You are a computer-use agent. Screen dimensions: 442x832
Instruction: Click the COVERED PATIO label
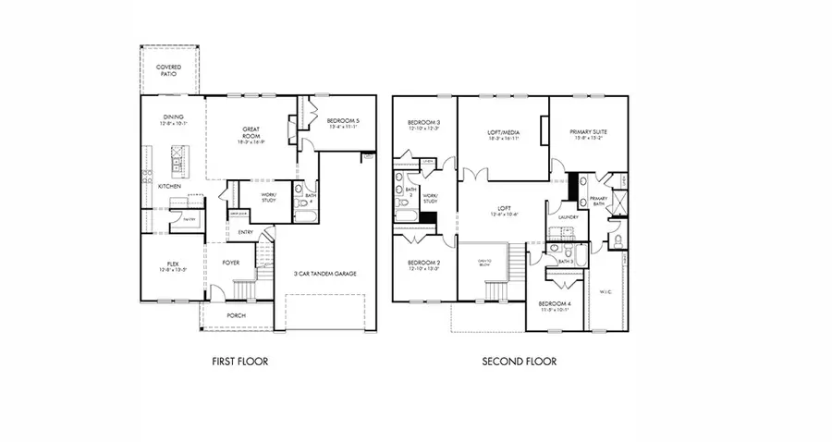coord(168,70)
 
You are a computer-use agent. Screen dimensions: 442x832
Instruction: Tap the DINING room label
coord(174,117)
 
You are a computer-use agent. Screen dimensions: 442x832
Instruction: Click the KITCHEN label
coord(169,187)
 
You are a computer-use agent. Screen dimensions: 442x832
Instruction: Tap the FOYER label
coord(231,263)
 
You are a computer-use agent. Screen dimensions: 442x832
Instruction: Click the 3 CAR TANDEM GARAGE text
coord(325,274)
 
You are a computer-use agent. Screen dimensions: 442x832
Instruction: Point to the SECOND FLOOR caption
coord(520,362)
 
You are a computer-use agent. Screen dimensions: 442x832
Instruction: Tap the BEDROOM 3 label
coord(424,123)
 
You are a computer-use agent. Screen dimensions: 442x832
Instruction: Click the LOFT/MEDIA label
coord(504,132)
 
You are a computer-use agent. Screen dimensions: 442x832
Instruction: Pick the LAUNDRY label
coord(568,217)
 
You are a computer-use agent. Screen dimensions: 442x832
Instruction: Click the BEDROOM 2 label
coord(424,264)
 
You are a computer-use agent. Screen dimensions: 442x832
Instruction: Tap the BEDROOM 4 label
coord(555,303)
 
